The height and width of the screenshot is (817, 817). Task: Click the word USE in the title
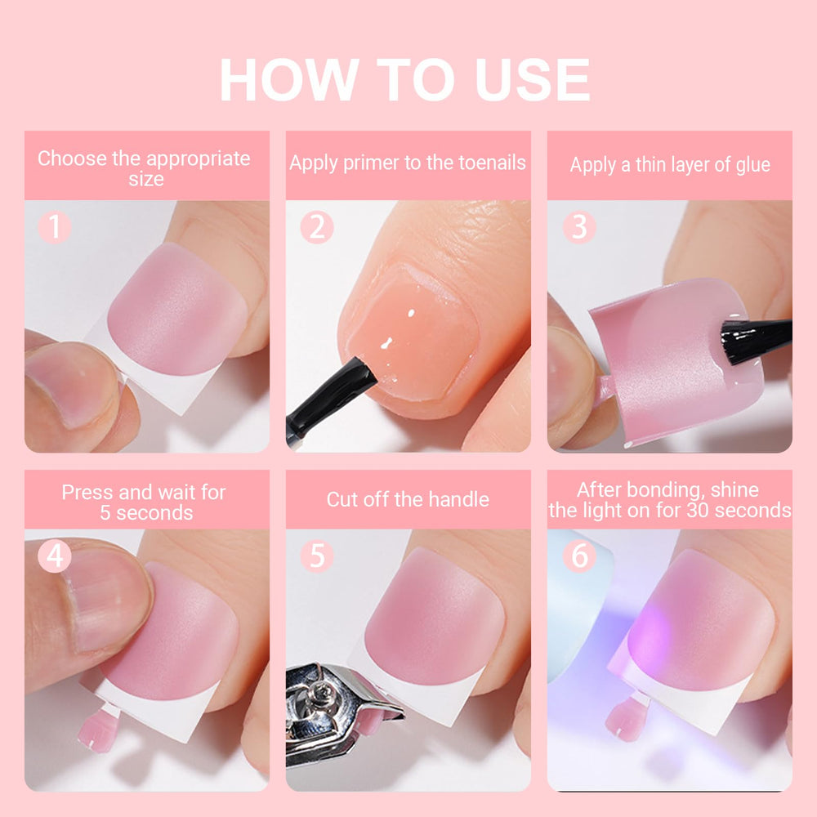coord(533,79)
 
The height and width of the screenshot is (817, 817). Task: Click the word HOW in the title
coord(290,79)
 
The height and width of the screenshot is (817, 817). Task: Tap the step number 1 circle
coord(54,227)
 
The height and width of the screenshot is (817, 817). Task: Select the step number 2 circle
coord(317,227)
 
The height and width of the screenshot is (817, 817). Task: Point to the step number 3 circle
coord(579,227)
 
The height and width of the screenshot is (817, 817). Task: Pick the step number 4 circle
coord(54,556)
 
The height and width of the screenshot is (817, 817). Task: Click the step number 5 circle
coord(317,556)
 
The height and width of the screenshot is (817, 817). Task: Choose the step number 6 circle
coord(579,556)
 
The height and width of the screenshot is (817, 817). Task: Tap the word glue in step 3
coord(753,166)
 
